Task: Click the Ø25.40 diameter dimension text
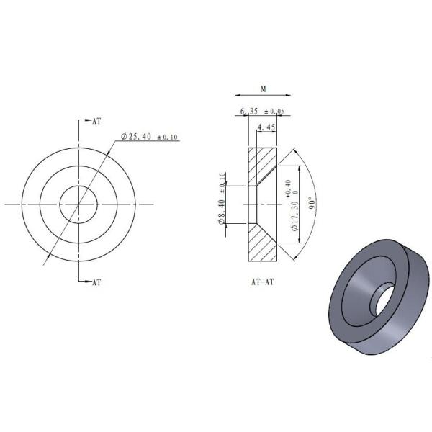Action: click(x=136, y=136)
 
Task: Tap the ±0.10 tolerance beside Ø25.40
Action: click(x=167, y=137)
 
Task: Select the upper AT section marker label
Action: click(x=96, y=121)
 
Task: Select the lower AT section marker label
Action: click(x=96, y=282)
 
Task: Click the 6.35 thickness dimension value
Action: click(x=249, y=112)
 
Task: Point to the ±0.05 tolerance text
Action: click(x=274, y=112)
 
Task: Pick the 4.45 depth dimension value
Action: click(x=266, y=127)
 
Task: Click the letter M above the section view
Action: click(x=264, y=89)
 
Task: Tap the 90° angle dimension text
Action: click(x=312, y=203)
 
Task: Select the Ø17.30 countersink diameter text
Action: click(x=294, y=216)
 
